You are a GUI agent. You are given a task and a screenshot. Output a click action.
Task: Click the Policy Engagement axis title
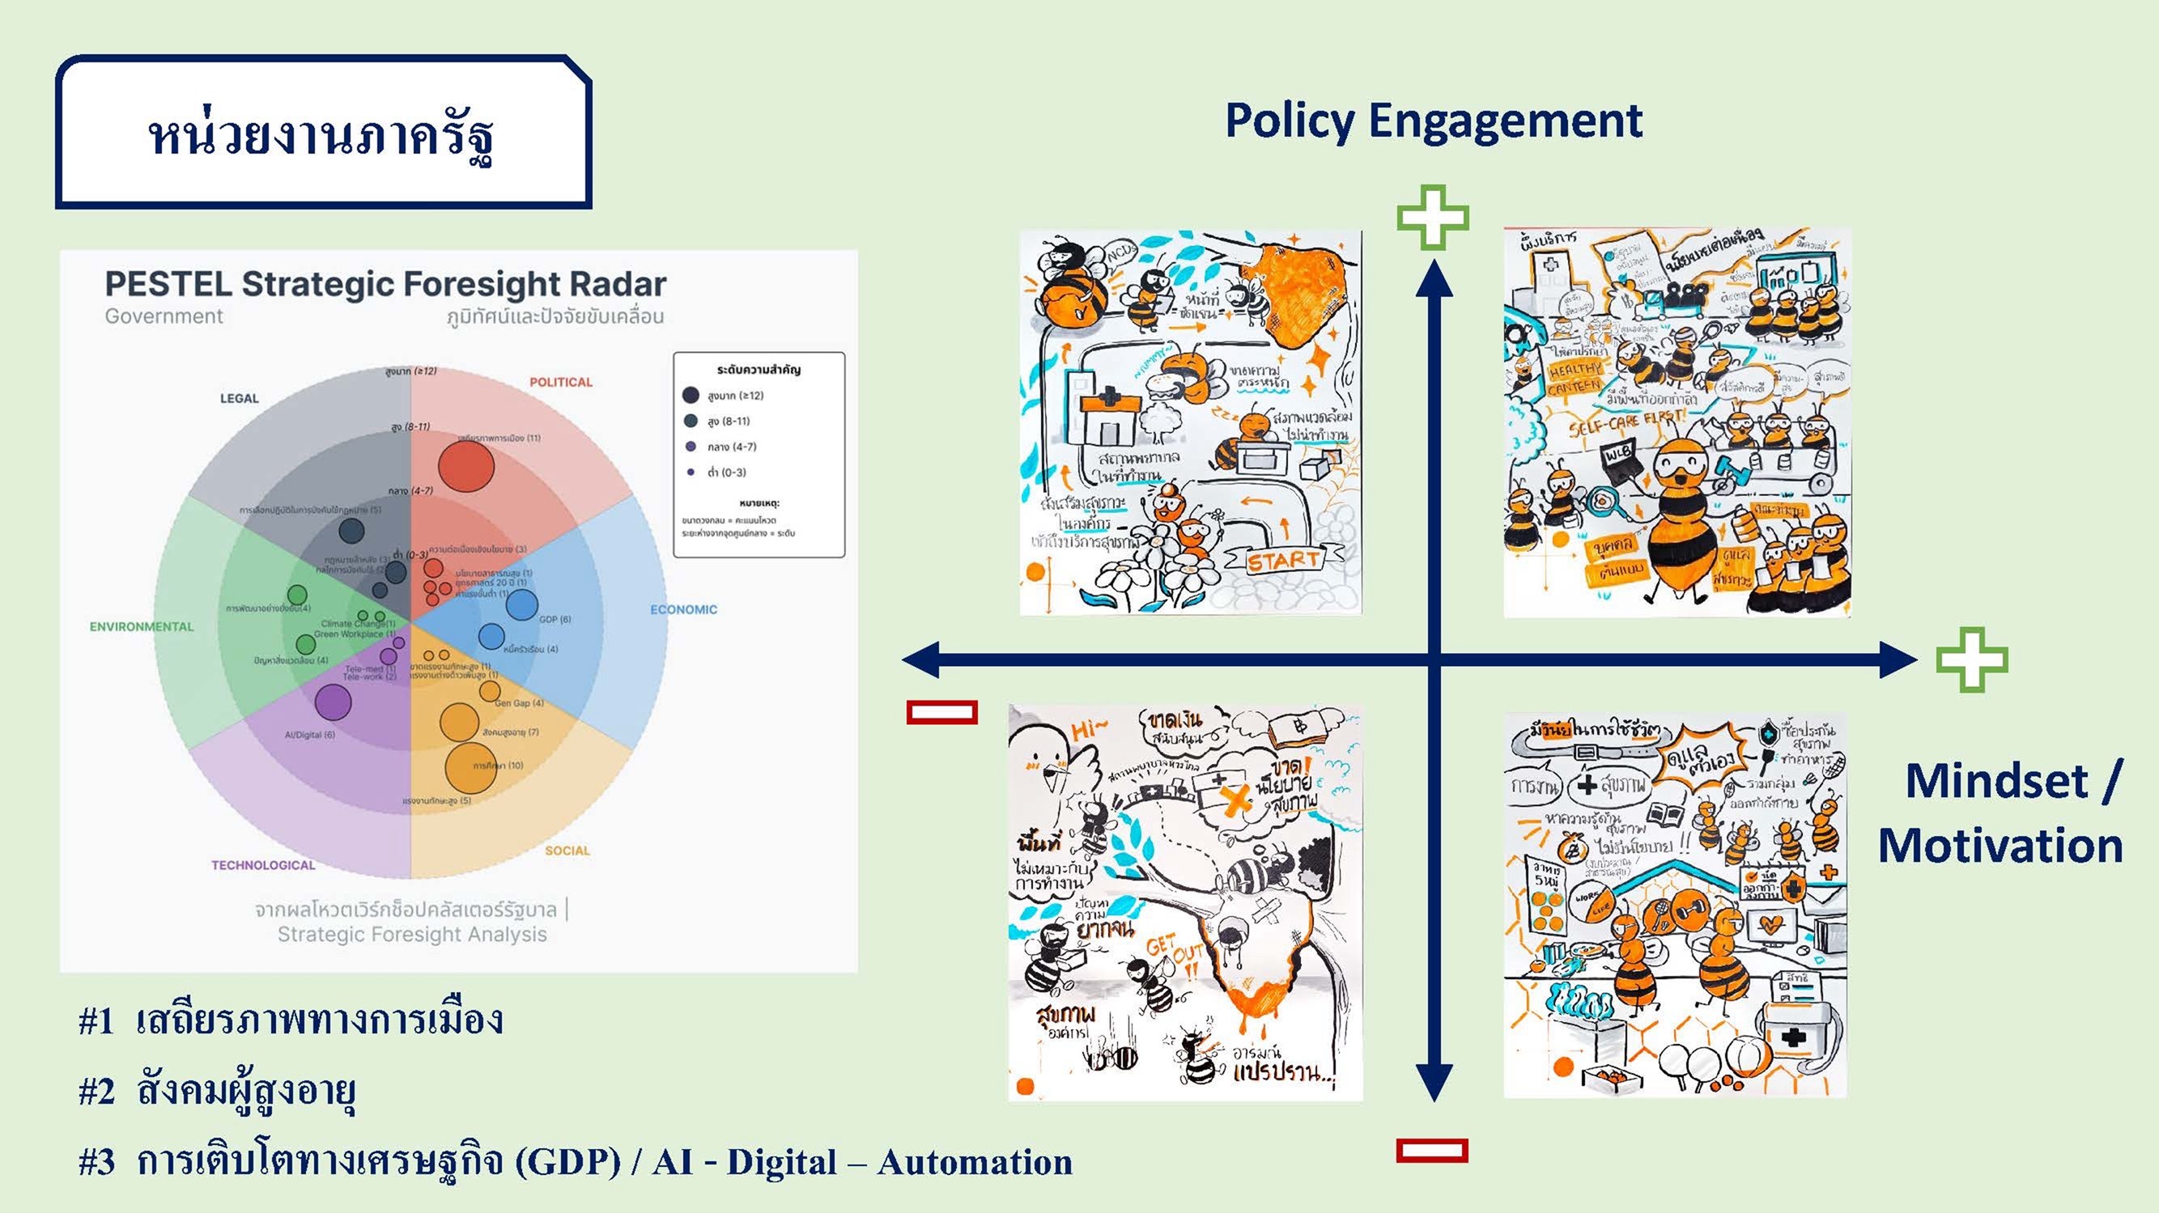pyautogui.click(x=1433, y=121)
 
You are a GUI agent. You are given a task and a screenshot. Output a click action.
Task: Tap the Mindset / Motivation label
pyautogui.click(x=2001, y=812)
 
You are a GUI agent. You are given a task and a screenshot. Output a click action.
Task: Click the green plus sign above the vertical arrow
pyautogui.click(x=1433, y=218)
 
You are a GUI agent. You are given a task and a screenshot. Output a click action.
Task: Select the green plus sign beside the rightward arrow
pyautogui.click(x=1971, y=660)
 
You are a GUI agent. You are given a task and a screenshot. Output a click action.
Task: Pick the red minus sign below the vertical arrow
pyautogui.click(x=1432, y=1150)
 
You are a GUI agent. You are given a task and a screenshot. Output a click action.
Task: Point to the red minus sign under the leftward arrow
pyautogui.click(x=942, y=712)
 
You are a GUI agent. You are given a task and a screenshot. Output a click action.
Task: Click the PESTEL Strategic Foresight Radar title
pyautogui.click(x=385, y=285)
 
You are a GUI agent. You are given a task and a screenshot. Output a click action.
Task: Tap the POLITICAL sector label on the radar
pyautogui.click(x=561, y=382)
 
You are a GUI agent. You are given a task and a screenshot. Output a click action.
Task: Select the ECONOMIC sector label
pyautogui.click(x=683, y=610)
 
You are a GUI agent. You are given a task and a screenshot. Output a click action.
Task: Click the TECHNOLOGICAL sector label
pyautogui.click(x=263, y=865)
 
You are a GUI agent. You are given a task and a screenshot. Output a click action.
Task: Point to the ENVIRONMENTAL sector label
pyautogui.click(x=142, y=626)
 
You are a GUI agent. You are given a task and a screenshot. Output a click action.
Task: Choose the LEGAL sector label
pyautogui.click(x=239, y=399)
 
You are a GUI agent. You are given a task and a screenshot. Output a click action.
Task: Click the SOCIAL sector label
pyautogui.click(x=567, y=850)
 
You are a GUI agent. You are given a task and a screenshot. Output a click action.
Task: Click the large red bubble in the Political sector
pyautogui.click(x=466, y=468)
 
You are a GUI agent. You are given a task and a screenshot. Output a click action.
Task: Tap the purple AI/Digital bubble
pyautogui.click(x=333, y=702)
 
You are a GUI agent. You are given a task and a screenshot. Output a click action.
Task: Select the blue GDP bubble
pyautogui.click(x=521, y=604)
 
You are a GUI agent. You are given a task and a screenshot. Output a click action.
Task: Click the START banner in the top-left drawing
pyautogui.click(x=1282, y=561)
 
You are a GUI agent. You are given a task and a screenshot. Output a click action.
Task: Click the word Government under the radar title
pyautogui.click(x=164, y=316)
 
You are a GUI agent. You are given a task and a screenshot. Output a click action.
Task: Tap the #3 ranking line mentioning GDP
pyautogui.click(x=575, y=1163)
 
